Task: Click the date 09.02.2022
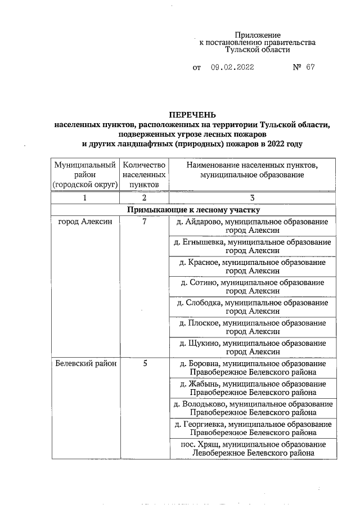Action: click(232, 67)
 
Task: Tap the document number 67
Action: click(310, 67)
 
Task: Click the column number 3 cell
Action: click(252, 197)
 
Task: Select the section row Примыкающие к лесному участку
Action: click(193, 210)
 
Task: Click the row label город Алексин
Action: click(84, 222)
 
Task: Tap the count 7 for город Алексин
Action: click(144, 222)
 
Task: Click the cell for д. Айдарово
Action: click(252, 226)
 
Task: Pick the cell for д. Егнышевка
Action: click(252, 246)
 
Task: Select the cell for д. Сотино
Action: click(252, 286)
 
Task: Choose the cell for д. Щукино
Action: click(252, 347)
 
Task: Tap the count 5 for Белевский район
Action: click(144, 363)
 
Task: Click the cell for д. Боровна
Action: click(252, 368)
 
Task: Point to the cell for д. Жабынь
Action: click(252, 388)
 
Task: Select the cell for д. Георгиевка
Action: click(252, 429)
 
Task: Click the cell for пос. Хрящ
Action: click(252, 448)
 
